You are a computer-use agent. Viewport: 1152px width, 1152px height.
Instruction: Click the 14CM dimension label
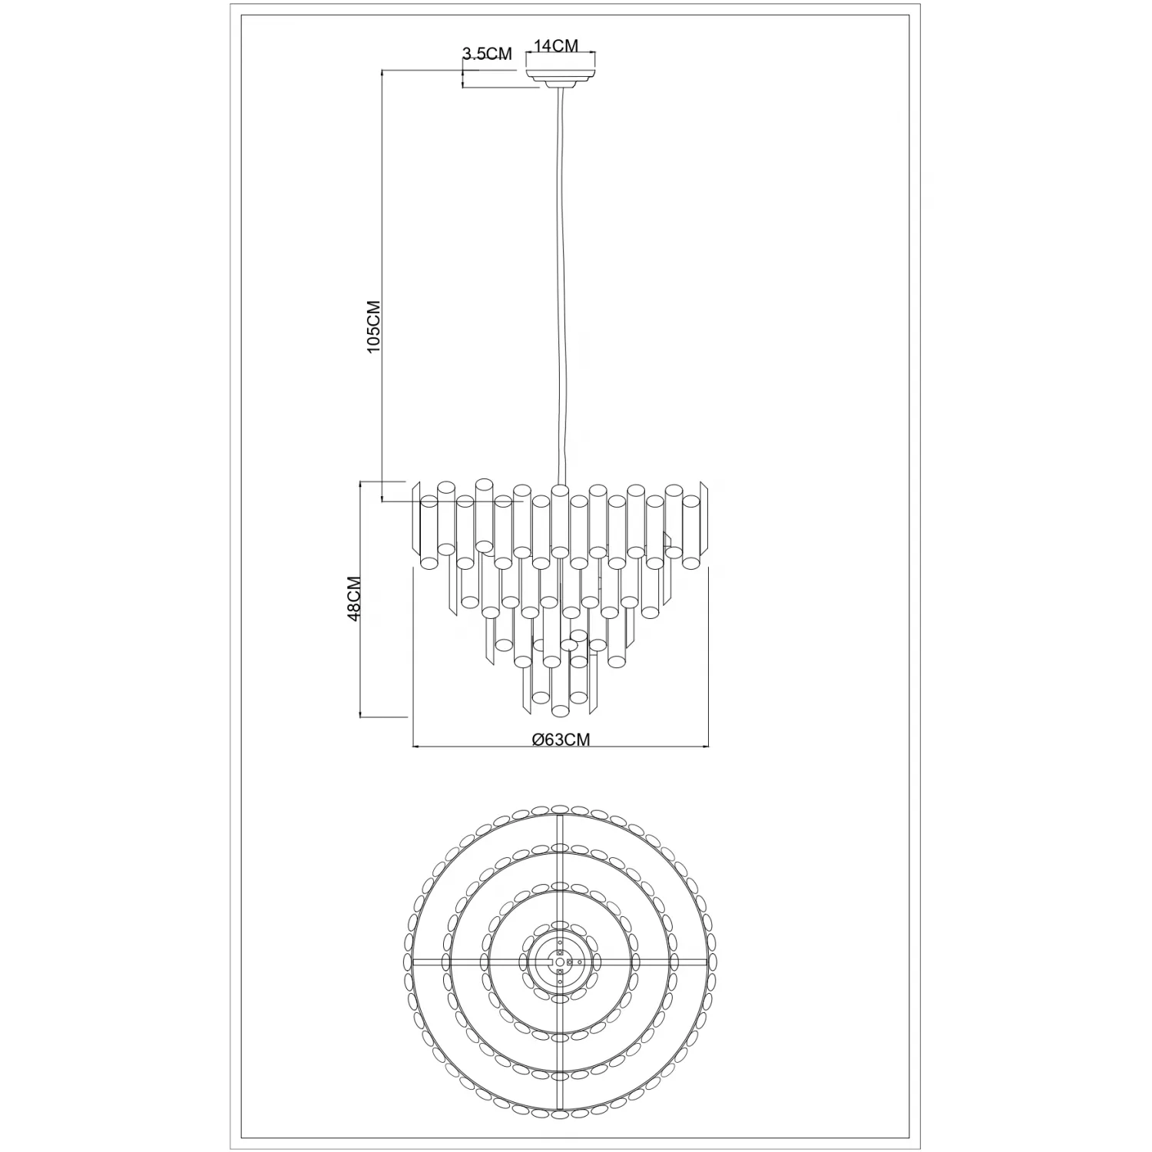point(555,46)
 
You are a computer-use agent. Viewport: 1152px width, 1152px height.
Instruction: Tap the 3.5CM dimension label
point(487,55)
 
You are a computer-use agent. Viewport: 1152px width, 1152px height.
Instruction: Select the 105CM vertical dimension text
point(374,326)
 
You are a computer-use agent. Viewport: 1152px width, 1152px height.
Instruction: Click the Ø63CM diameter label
point(561,740)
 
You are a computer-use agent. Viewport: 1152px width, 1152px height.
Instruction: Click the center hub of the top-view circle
point(561,962)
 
